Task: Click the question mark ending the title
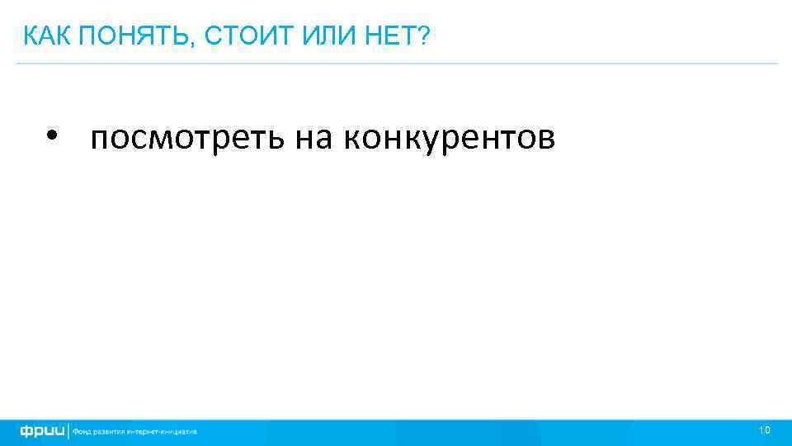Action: [423, 36]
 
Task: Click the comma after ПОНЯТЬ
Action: [195, 42]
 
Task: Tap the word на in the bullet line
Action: [314, 138]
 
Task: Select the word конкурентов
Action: [450, 138]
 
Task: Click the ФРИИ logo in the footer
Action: [42, 431]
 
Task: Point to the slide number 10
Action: [764, 430]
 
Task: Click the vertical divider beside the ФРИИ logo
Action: [69, 431]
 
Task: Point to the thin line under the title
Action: [396, 63]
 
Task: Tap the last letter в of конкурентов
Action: [548, 140]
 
